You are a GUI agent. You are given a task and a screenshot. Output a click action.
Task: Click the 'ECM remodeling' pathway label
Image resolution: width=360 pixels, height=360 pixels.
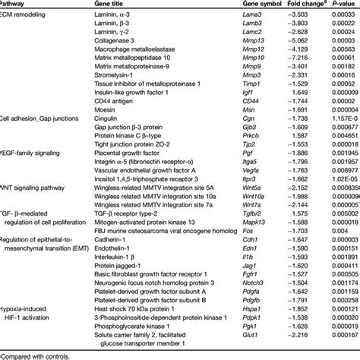[x=23, y=14]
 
